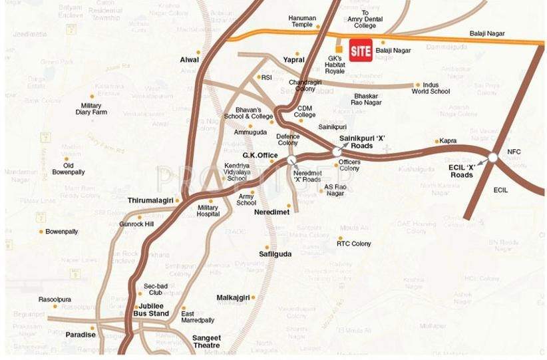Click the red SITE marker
click(x=361, y=51)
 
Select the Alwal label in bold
click(x=190, y=60)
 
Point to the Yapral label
click(x=293, y=59)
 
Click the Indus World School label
click(x=431, y=88)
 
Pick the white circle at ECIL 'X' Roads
click(x=492, y=157)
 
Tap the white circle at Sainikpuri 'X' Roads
click(x=337, y=152)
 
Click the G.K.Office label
click(x=260, y=155)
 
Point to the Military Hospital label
click(x=208, y=211)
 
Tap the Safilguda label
click(x=275, y=254)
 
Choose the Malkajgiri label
click(x=233, y=297)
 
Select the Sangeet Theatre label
click(x=206, y=341)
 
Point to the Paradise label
click(x=80, y=335)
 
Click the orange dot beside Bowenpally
click(x=41, y=232)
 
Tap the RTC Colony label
click(x=353, y=244)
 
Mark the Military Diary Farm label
click(x=91, y=109)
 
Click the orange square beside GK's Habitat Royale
click(x=339, y=49)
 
